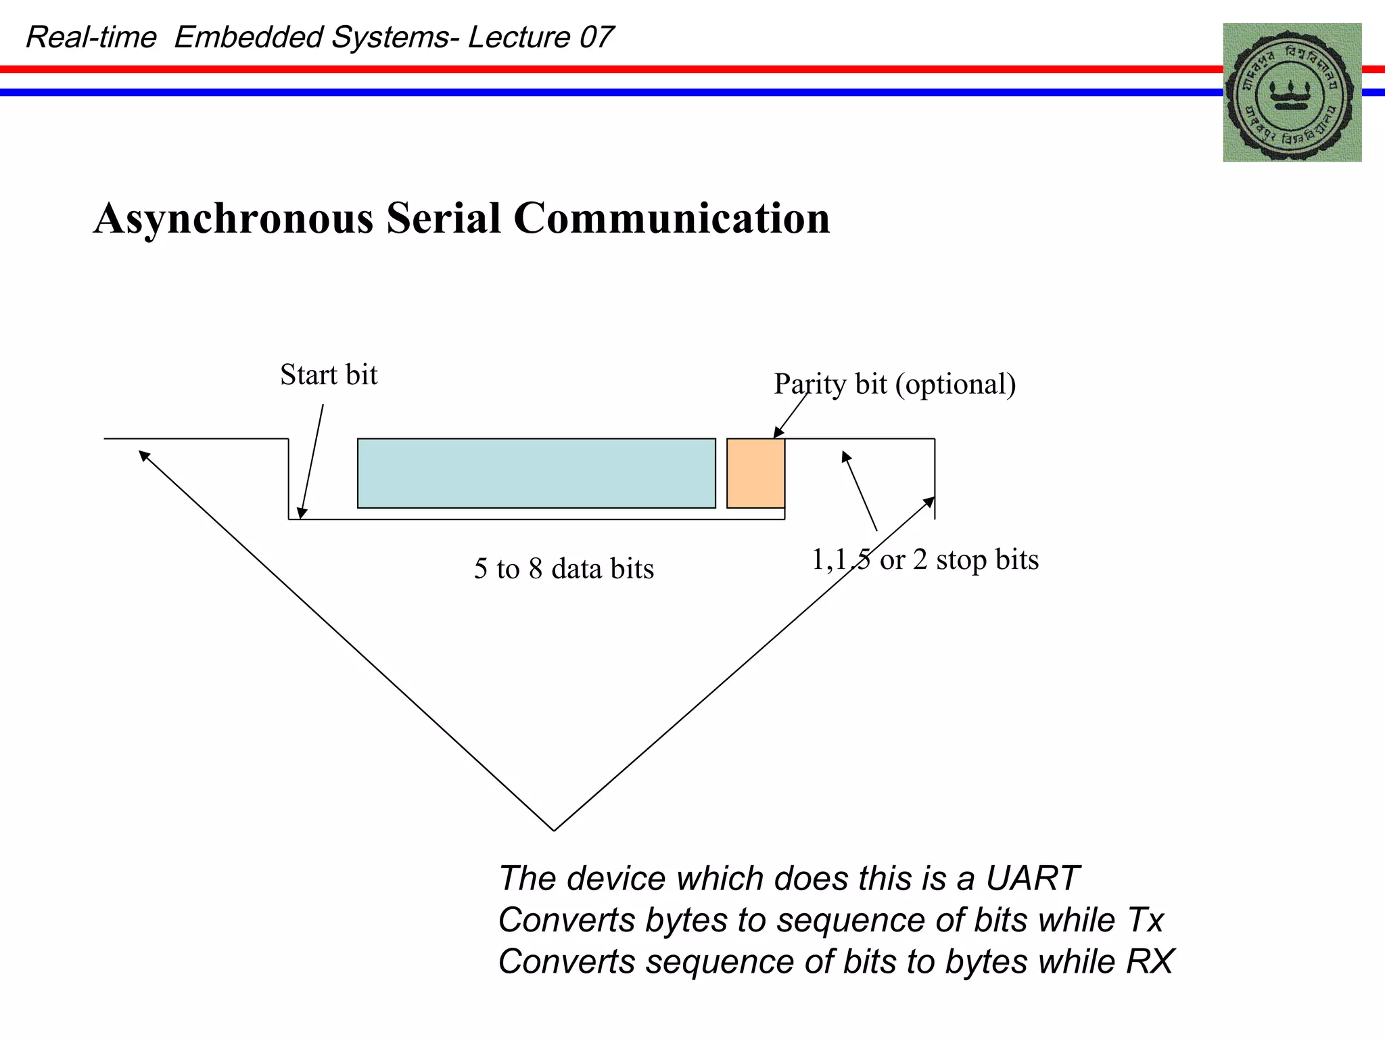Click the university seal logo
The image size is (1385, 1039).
1292,93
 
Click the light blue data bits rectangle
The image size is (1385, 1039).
536,473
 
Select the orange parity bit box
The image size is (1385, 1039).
755,473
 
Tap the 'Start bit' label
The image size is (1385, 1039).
329,375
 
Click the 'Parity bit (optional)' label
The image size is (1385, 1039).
894,384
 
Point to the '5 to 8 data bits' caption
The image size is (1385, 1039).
563,568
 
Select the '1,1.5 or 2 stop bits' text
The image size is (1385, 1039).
924,560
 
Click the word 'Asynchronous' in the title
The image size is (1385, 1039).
233,218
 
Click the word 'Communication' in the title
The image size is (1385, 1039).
672,218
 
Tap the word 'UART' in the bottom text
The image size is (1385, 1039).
1031,879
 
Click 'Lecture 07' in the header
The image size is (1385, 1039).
540,37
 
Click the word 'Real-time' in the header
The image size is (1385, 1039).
91,37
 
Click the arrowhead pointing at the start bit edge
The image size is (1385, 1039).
302,513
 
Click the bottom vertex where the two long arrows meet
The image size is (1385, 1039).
554,830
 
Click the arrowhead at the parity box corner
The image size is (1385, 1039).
778,434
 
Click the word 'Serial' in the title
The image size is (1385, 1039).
443,218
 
